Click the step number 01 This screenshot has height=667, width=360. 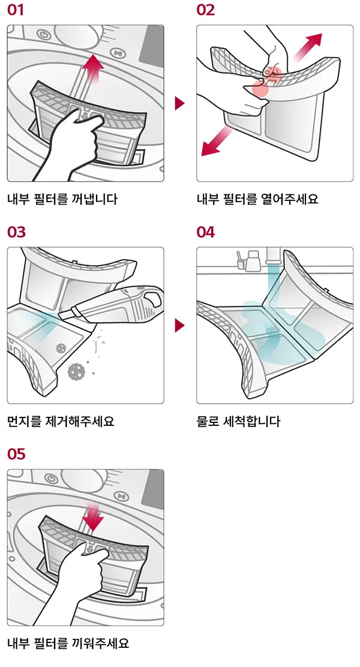[16, 10]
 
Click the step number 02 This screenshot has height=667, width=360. [206, 10]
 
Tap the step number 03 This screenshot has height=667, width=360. [16, 232]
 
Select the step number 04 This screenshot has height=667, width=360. [206, 232]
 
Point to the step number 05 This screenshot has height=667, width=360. [16, 454]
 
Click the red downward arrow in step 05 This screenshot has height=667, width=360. [93, 515]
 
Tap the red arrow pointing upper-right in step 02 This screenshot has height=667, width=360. [307, 47]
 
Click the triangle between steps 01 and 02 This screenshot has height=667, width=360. [179, 103]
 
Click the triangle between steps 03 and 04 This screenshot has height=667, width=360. [179, 326]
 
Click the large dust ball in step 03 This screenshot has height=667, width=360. [76, 371]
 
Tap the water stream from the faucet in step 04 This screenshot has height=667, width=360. [272, 285]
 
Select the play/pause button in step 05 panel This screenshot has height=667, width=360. [121, 497]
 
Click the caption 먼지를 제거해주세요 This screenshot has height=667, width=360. [61, 422]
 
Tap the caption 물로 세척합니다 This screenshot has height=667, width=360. [238, 422]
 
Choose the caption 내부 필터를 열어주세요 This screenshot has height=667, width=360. [257, 199]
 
